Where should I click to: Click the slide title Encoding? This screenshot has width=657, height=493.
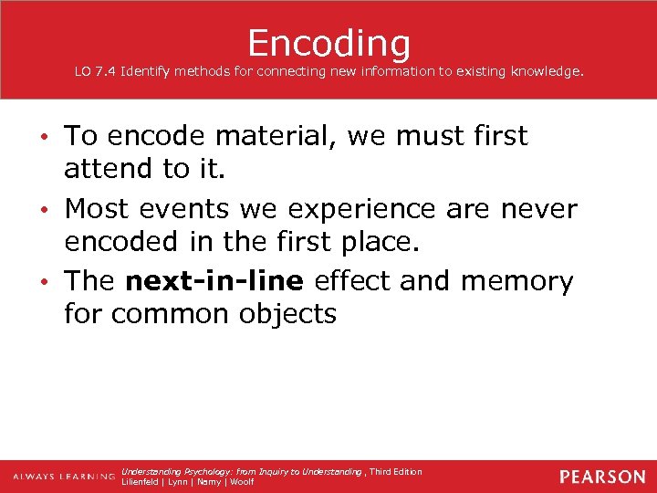(x=328, y=42)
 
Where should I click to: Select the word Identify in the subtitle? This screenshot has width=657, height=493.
(x=150, y=71)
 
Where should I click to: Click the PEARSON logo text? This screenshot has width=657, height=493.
(x=602, y=477)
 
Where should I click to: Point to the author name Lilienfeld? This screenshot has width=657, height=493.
(x=141, y=482)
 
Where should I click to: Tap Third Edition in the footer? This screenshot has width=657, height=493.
(x=396, y=471)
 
